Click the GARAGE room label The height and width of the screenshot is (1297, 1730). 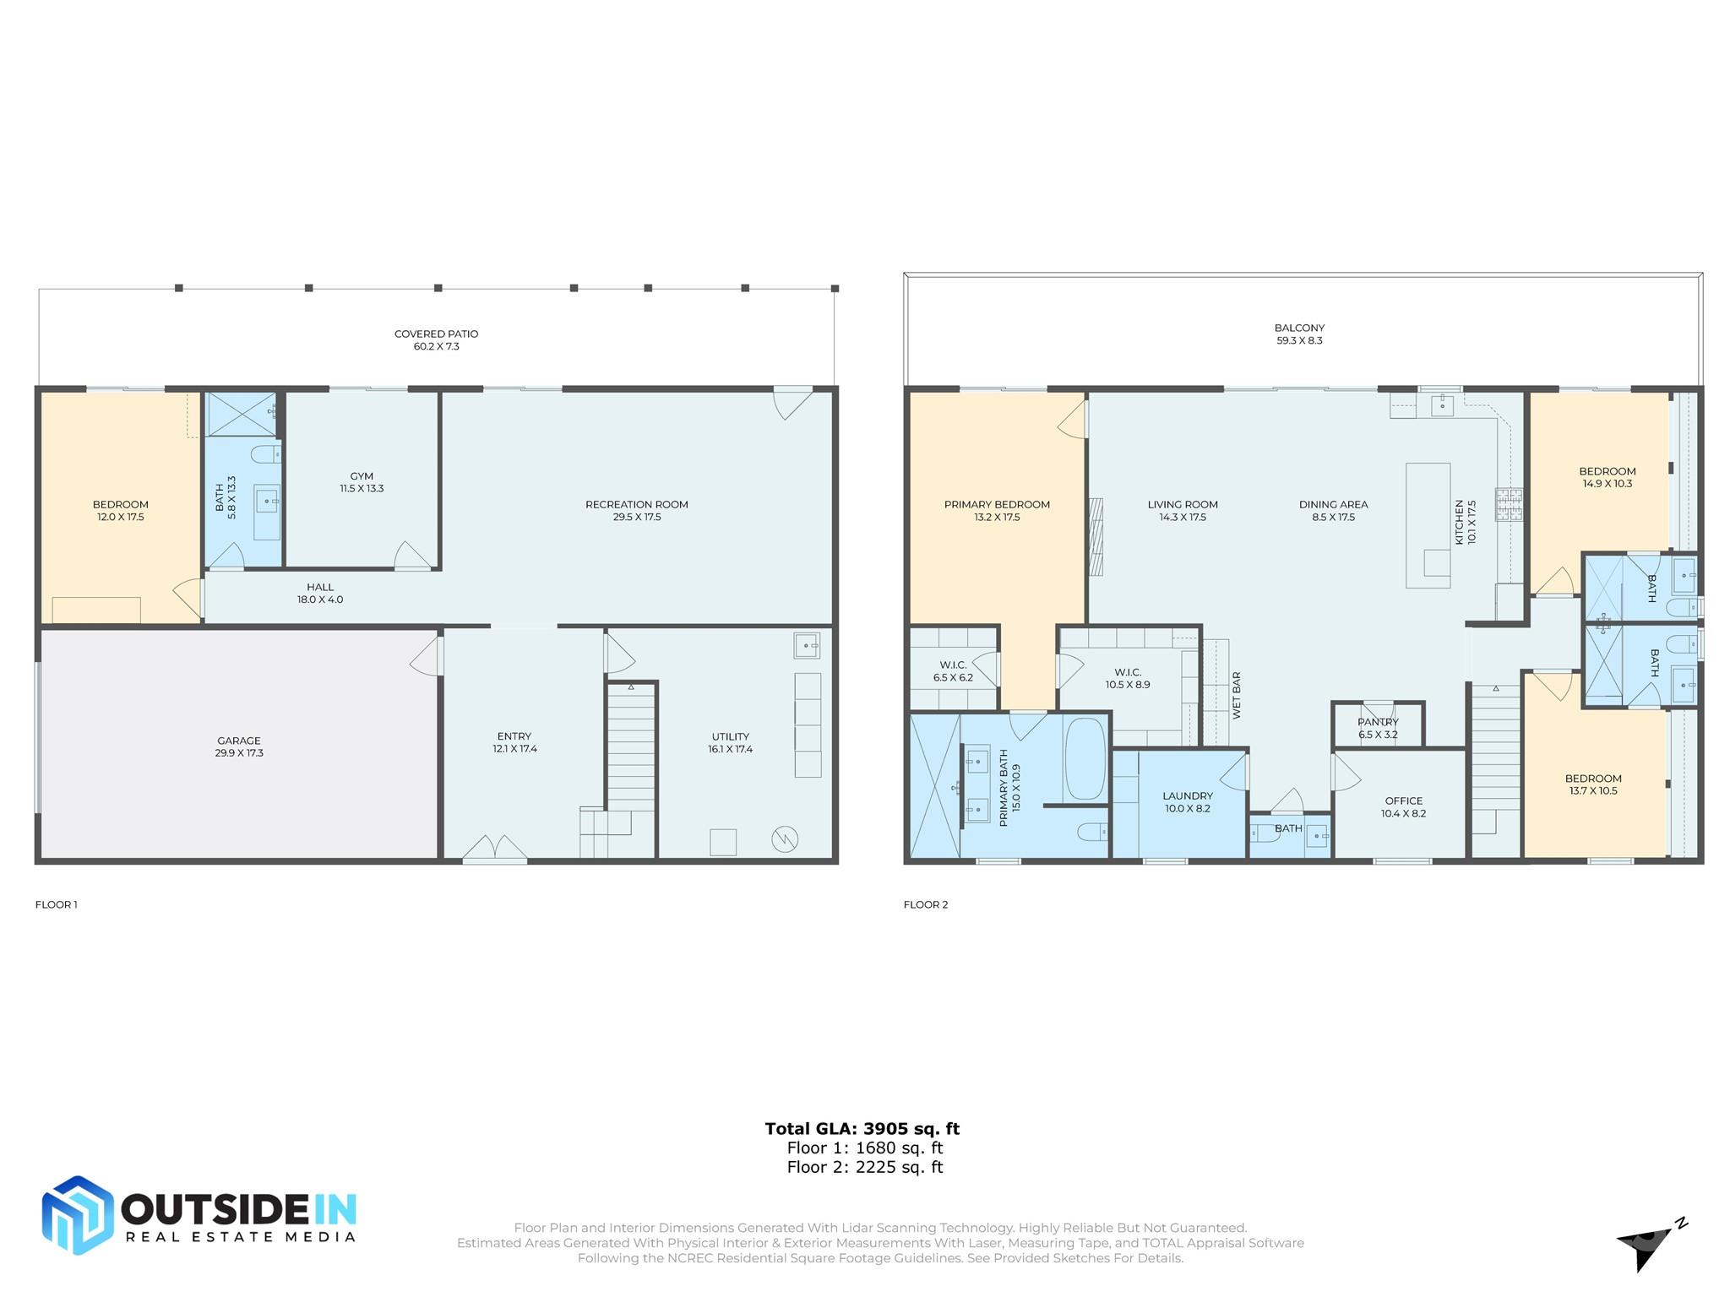[x=239, y=741]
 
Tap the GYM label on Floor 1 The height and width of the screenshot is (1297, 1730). [x=362, y=476]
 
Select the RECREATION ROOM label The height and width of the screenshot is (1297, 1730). [x=637, y=505]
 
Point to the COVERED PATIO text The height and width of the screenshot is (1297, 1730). [x=437, y=334]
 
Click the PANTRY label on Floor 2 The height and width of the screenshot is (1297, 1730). [x=1379, y=723]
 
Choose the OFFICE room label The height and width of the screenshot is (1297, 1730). [x=1404, y=801]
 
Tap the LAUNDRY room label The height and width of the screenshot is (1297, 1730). [x=1188, y=796]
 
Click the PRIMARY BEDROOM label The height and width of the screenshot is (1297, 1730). [x=997, y=505]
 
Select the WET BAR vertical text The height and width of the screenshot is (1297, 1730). [x=1237, y=695]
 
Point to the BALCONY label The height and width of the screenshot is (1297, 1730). [x=1299, y=328]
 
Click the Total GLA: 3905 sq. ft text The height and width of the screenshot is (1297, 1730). [x=862, y=1129]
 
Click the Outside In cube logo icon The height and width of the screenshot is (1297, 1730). [x=78, y=1215]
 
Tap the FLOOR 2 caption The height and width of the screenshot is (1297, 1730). [x=926, y=904]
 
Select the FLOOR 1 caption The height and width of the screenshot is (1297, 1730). [x=56, y=904]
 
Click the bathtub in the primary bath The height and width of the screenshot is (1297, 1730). [x=1085, y=758]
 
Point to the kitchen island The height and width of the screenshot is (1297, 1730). [x=1428, y=525]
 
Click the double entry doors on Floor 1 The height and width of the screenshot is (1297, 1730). [x=495, y=849]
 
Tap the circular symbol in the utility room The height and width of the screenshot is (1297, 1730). [x=785, y=838]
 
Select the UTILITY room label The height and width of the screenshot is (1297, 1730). [x=731, y=737]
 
